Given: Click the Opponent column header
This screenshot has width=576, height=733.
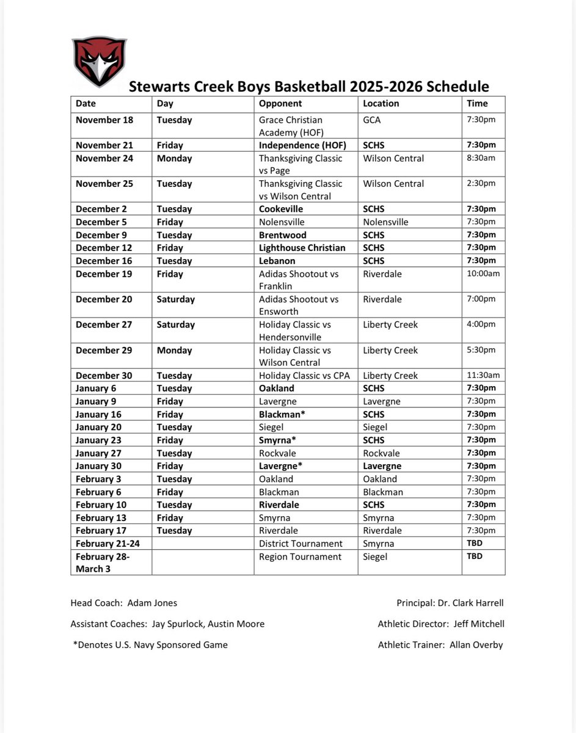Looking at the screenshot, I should [280, 104].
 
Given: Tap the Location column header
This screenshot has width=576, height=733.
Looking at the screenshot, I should [381, 104].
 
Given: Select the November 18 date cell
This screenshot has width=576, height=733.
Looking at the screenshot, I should [104, 120].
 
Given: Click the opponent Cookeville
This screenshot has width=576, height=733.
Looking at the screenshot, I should [281, 209].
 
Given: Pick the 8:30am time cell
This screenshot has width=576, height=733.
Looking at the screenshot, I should [481, 158].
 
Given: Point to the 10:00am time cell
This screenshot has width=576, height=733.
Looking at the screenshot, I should [483, 274].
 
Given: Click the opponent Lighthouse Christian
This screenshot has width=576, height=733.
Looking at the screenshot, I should [302, 247].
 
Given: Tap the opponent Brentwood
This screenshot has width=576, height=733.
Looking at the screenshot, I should [282, 235].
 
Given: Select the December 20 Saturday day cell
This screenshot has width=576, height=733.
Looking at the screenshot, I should [176, 299].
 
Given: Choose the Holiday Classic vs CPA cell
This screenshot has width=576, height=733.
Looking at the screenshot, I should [304, 376].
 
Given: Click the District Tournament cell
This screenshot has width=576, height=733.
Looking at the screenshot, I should [301, 544].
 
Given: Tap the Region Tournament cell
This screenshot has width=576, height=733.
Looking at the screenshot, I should [300, 556].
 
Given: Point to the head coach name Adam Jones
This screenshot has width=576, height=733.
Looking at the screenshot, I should [153, 603].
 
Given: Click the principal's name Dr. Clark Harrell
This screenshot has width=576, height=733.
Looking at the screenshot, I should [470, 603].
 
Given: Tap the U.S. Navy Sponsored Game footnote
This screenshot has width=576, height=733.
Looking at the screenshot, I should [150, 644].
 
